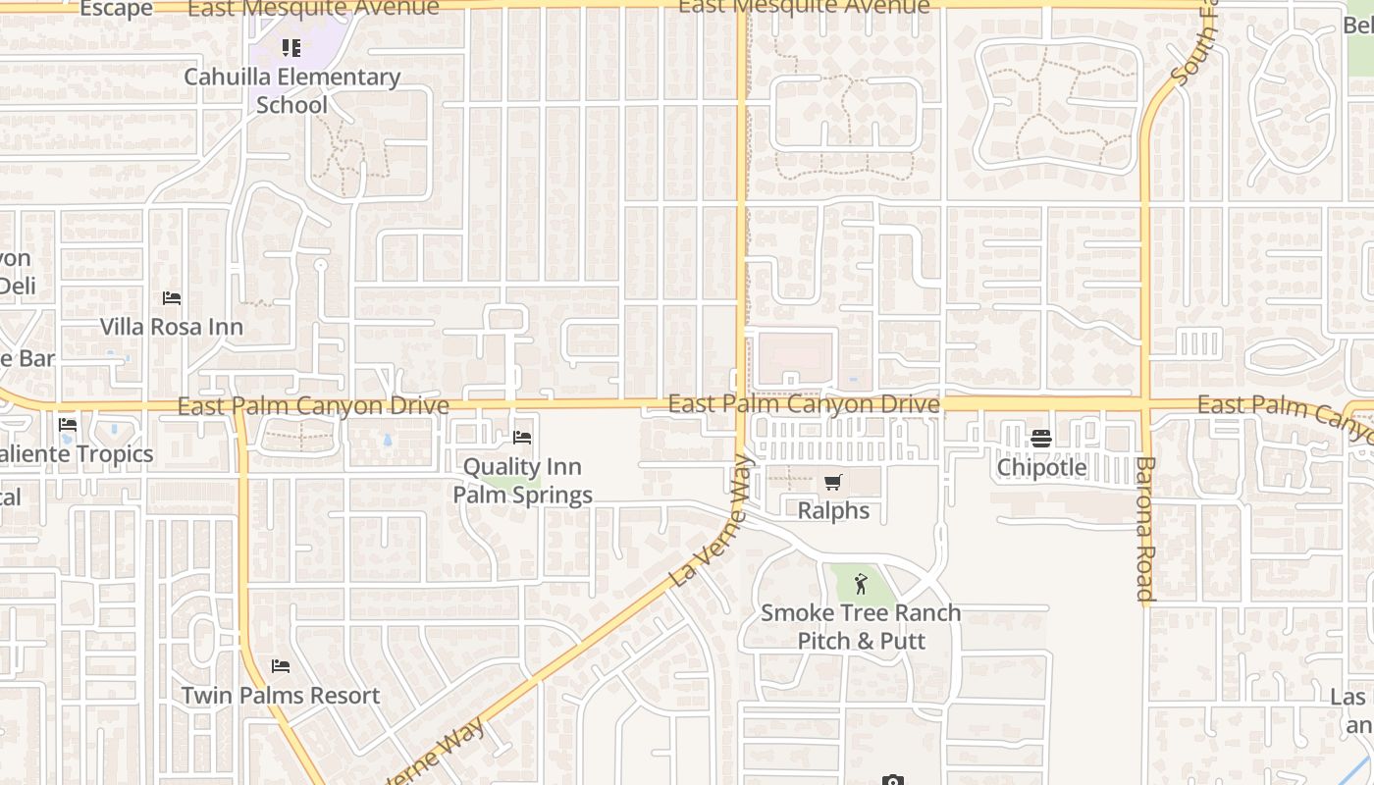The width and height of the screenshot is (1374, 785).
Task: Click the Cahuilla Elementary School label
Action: point(291,90)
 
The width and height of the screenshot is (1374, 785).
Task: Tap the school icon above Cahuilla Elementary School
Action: point(291,47)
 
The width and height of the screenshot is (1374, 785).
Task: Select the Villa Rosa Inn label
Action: point(172,327)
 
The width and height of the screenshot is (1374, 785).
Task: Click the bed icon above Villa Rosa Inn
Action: point(172,298)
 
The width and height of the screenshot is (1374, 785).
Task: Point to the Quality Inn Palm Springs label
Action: point(522,481)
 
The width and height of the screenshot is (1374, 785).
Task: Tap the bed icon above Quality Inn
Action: point(522,438)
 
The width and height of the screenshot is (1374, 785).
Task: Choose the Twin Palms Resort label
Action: point(281,696)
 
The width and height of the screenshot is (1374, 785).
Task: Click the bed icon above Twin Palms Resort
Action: point(281,667)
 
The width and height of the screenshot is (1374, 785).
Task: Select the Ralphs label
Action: point(833,510)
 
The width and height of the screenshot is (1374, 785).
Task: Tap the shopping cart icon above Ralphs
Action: point(833,482)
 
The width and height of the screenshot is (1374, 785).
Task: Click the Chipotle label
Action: point(1041,467)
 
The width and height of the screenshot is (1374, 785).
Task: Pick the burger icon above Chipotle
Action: point(1041,439)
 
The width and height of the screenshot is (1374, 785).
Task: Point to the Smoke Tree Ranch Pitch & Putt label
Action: point(861,626)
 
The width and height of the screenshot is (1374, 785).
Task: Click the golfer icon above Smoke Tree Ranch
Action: point(861,584)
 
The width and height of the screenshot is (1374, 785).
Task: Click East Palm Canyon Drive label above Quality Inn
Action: point(313,405)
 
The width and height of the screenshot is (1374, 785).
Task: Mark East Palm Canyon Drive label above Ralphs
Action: point(804,404)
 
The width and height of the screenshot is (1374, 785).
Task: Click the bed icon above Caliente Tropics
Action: point(68,425)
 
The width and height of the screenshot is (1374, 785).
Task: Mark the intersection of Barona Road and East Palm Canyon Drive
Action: point(1145,403)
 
